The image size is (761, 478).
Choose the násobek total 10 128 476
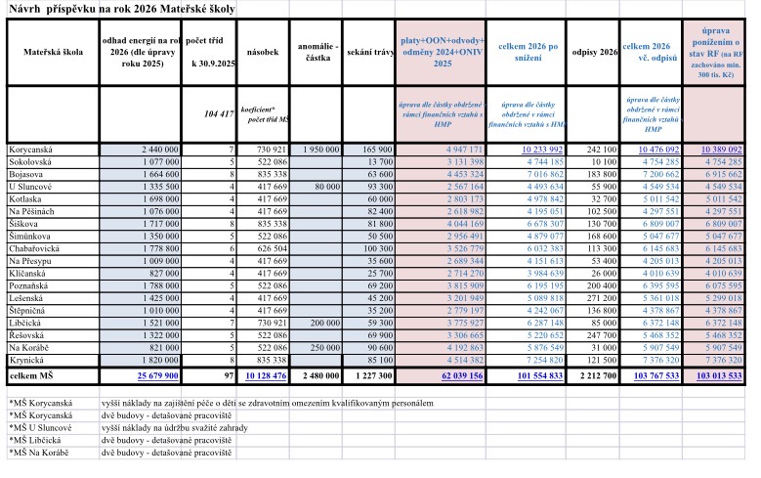pos(264,375)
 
